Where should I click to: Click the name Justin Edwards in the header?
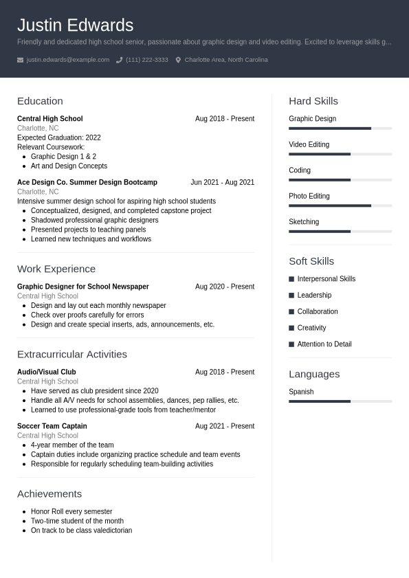click(75, 25)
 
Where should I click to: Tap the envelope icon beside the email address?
click(20, 60)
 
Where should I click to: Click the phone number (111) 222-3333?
click(146, 60)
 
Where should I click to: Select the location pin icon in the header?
click(178, 60)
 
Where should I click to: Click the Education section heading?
click(40, 101)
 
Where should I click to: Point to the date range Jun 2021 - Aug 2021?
click(222, 182)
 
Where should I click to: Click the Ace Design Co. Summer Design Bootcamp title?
click(87, 182)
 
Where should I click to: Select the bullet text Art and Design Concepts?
click(69, 166)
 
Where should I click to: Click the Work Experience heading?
click(56, 269)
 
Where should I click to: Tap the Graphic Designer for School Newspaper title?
click(82, 287)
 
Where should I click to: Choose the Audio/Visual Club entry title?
click(46, 372)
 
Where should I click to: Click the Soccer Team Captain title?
click(52, 426)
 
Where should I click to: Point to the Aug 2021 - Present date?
click(224, 426)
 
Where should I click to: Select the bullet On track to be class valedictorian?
click(81, 531)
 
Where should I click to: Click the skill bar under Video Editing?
click(340, 154)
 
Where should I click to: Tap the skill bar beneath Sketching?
click(340, 232)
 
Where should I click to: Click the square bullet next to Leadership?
click(291, 296)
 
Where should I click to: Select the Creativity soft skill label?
click(311, 328)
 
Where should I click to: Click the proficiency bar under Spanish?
click(340, 401)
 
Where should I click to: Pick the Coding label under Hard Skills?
click(300, 170)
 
